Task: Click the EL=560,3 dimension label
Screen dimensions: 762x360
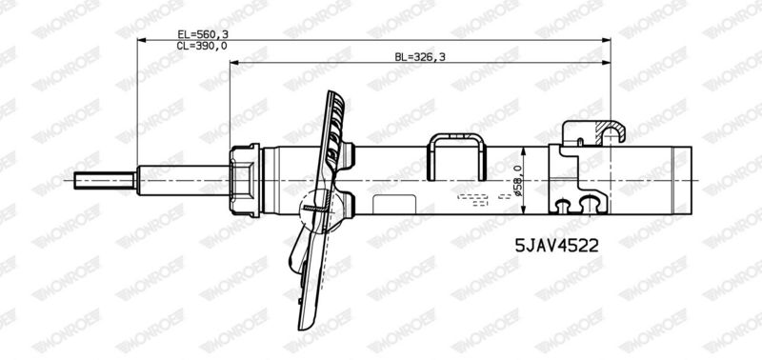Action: (202, 34)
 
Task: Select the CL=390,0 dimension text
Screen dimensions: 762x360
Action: (202, 46)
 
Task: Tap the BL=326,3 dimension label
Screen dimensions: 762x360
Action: (420, 57)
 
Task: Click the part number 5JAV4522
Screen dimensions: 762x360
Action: (556, 246)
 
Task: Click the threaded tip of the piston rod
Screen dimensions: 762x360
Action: (105, 180)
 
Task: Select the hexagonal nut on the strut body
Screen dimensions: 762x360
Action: (245, 180)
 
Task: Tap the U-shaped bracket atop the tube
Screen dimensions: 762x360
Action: (457, 156)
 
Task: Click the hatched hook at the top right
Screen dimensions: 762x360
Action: (611, 132)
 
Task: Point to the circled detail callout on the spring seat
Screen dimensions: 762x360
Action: (317, 210)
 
